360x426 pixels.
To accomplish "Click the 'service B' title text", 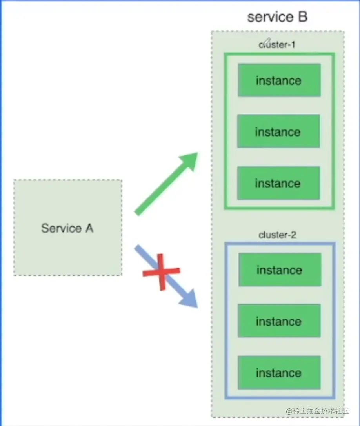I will (x=278, y=17).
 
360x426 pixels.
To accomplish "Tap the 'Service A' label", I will (x=67, y=228).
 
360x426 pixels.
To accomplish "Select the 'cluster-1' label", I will (x=277, y=45).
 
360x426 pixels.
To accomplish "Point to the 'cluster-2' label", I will (x=278, y=235).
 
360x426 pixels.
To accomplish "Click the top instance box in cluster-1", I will (x=279, y=80).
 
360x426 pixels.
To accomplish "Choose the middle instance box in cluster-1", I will (x=278, y=131).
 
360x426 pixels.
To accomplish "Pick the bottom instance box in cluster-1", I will (x=278, y=183).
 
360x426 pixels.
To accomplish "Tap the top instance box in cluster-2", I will (x=280, y=270).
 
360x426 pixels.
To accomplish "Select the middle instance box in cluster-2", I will (x=279, y=322).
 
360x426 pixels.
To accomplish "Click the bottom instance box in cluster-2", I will (x=279, y=373).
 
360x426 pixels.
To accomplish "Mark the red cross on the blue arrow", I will (x=161, y=271).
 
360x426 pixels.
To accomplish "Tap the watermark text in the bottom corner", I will (x=317, y=411).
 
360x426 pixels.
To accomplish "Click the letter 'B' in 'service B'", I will (x=302, y=17).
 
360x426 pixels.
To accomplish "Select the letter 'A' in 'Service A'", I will (x=89, y=228).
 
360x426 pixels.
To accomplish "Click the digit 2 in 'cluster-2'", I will (x=293, y=235).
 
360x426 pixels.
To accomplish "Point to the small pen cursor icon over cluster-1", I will (x=266, y=41).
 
